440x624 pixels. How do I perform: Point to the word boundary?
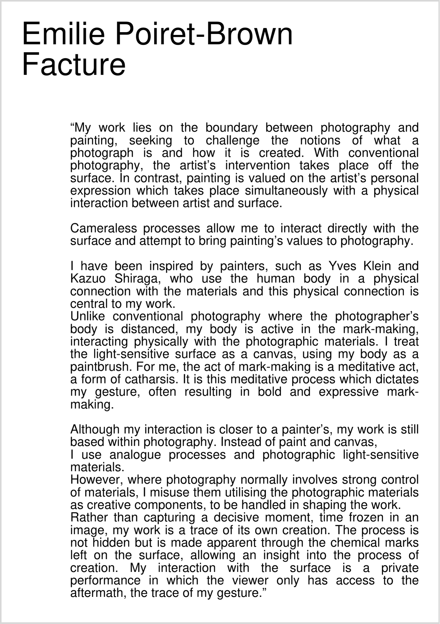tap(231, 128)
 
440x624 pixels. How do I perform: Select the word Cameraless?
tap(103, 228)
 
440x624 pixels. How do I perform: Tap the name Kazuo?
tap(88, 279)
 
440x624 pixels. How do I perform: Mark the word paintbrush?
tap(99, 367)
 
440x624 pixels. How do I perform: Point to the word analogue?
tap(135, 455)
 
